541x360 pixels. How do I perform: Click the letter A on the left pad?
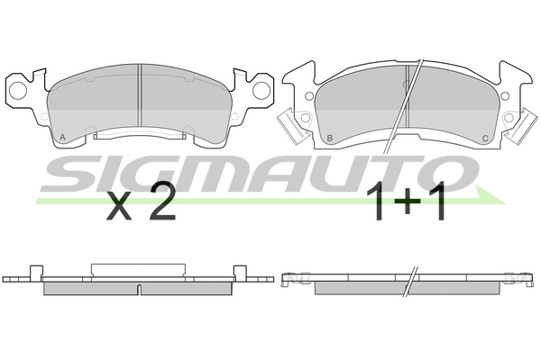coord(61,137)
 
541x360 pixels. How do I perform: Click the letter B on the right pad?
coord(330,138)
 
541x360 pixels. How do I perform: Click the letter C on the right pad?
coord(486,138)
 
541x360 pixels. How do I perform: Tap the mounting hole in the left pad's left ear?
coord(17,88)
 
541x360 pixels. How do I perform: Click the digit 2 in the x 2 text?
coord(160,206)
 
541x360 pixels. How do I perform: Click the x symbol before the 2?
coord(118,210)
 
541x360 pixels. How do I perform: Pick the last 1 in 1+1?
coord(436,206)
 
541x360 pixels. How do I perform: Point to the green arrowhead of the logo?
coord(491,196)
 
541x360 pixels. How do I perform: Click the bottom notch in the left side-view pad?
coord(140,289)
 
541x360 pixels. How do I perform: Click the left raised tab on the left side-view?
coord(36,271)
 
